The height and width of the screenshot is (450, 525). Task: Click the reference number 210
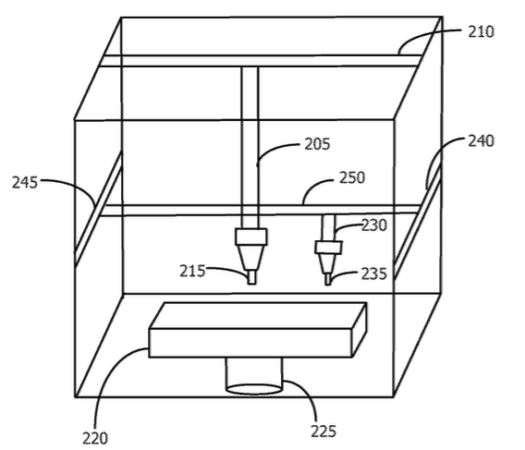pos(481,32)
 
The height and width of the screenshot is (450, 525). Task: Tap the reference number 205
pos(317,144)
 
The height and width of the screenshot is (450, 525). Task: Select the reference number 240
pos(481,141)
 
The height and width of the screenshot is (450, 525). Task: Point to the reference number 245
pos(25,183)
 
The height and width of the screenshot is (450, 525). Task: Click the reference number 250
pos(352,177)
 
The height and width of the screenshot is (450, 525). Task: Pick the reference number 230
pos(374,225)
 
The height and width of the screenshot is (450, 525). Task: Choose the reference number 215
pos(192,271)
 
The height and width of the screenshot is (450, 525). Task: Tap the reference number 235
pos(373,274)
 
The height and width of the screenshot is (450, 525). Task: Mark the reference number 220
pos(95,438)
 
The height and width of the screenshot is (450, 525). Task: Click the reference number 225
pos(324,431)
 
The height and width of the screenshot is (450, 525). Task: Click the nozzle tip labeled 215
pos(251,277)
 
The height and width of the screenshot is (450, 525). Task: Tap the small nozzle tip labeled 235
pos(328,280)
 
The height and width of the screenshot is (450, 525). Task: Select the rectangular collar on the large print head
pos(251,237)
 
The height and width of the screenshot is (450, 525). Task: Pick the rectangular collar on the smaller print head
pos(328,248)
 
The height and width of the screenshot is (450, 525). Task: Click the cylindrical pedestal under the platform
pos(254,376)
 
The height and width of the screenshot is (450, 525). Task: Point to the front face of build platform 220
pos(250,343)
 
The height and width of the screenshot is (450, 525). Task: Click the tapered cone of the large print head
pos(251,257)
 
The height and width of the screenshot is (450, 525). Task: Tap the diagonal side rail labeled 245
pos(98,208)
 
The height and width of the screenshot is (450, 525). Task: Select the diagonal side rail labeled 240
pos(418,221)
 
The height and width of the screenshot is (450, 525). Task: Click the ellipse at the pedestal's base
pos(254,389)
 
